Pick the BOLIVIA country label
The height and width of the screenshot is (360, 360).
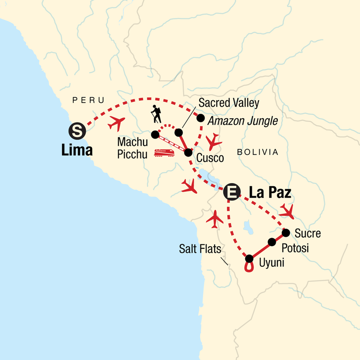coord(258,152)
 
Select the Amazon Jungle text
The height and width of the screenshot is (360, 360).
coord(242,121)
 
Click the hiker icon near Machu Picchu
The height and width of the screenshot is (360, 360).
coord(156,114)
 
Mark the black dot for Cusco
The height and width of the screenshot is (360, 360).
coord(188,153)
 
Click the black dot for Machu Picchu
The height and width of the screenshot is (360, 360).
coord(155,134)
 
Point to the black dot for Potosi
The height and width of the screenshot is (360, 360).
coord(272,242)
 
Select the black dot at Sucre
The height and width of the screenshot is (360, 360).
coord(286,233)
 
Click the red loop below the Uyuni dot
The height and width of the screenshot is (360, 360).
coord(248,268)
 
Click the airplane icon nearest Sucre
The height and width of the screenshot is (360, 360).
coord(287,210)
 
